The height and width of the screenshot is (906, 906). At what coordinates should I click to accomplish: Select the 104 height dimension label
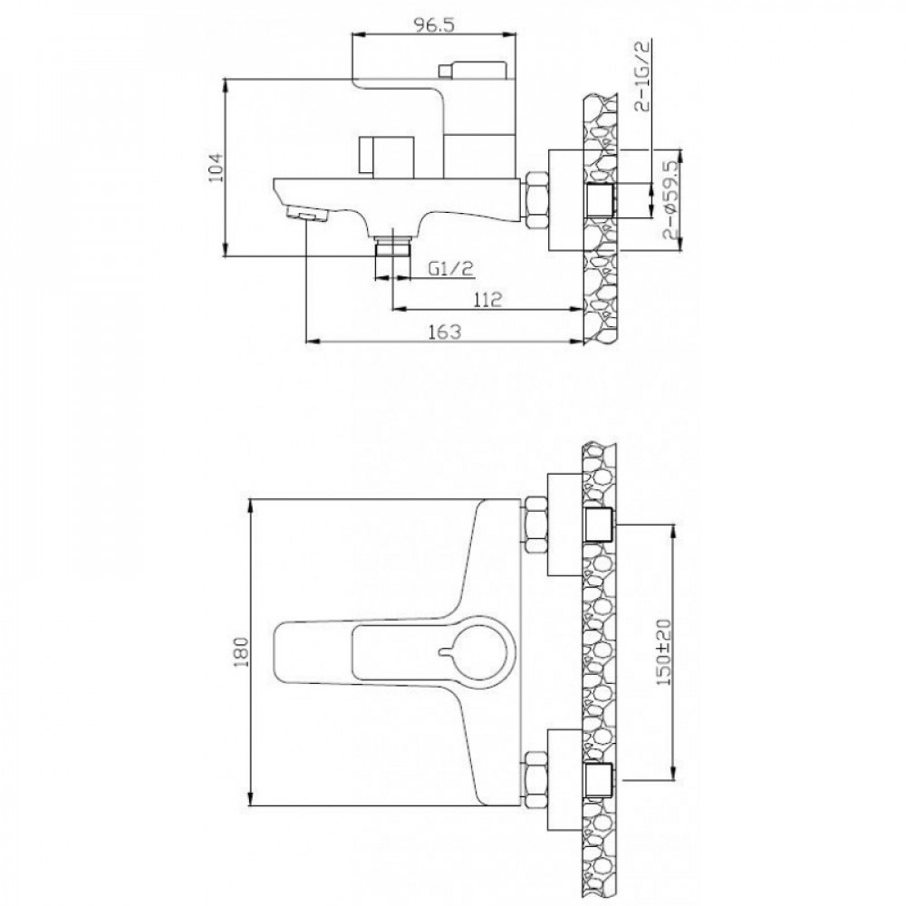[x=216, y=168]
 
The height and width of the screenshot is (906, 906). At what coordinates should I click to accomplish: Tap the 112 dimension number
[x=487, y=299]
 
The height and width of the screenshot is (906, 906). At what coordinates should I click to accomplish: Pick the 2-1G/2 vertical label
[x=642, y=74]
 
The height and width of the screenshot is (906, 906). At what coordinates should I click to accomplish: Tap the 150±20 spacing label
[x=664, y=651]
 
